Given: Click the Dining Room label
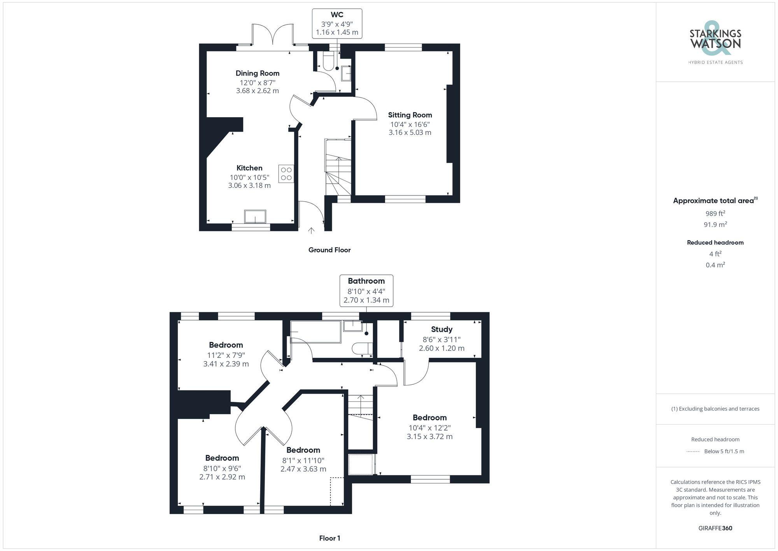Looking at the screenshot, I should (257, 73).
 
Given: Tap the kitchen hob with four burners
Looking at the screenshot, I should (286, 174).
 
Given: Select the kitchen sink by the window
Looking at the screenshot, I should (255, 217).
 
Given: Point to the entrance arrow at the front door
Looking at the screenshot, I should (311, 231).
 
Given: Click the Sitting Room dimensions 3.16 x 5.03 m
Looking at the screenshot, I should (410, 132).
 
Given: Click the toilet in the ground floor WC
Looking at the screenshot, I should (328, 62).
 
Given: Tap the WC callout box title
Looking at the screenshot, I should (337, 15).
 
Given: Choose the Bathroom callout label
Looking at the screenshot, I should (366, 281).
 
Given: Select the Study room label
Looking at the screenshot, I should (442, 329).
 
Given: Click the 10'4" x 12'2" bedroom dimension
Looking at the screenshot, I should (429, 427).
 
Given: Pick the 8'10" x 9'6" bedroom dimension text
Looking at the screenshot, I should (222, 468).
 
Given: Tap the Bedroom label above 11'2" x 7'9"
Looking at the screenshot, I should (226, 345).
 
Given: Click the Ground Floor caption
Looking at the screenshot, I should (329, 250).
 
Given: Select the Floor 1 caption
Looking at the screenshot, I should (329, 538).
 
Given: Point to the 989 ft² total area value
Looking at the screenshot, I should (715, 213).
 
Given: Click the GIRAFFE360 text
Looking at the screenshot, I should (715, 528).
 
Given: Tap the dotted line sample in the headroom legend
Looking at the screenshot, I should (693, 452).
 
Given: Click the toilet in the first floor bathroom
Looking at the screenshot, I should (361, 348).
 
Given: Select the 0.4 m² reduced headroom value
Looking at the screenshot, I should (715, 265).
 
